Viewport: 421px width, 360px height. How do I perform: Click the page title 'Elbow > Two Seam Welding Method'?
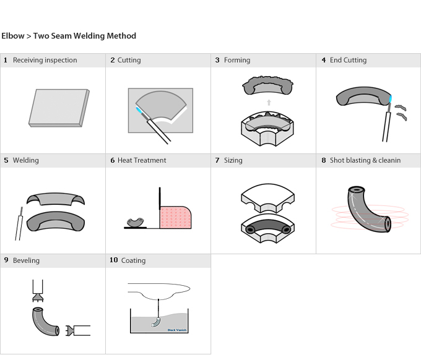[69, 36]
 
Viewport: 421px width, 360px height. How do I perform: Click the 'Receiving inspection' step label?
[45, 61]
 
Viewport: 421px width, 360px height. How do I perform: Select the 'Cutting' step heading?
[129, 61]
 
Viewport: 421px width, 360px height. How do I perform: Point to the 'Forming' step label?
[237, 61]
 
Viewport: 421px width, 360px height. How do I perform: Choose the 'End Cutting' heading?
[348, 61]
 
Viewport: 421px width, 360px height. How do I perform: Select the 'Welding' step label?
[25, 161]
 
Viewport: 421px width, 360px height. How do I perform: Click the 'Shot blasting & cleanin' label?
[365, 161]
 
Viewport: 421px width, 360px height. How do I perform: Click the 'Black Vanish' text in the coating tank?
[177, 330]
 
